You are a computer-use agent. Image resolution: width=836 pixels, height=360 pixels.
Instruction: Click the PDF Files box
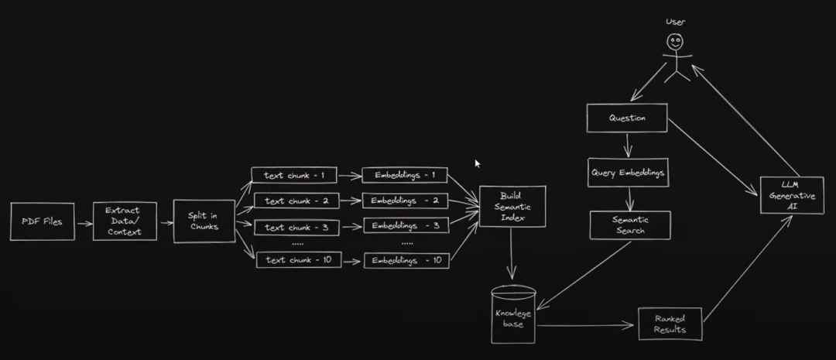[x=42, y=221]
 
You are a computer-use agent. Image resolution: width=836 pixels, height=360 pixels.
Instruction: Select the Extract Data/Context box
[x=125, y=221]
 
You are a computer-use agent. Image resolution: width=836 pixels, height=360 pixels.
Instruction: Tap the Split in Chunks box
[x=204, y=221]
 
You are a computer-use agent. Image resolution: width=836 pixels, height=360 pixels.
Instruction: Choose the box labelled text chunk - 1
[x=287, y=175]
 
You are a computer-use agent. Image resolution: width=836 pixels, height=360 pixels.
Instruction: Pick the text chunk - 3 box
[x=287, y=227]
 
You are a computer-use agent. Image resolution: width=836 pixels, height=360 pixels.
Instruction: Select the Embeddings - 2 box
[x=405, y=201]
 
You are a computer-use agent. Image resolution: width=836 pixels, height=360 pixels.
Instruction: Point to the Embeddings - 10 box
[x=406, y=261]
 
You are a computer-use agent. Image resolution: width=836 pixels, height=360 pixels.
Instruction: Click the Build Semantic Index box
[x=512, y=207]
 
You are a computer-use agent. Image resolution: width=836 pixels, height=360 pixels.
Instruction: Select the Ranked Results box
[x=672, y=323]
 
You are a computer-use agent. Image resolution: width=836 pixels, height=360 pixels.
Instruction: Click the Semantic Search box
[x=629, y=225]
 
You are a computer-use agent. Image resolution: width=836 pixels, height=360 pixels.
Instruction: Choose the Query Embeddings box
[x=628, y=173]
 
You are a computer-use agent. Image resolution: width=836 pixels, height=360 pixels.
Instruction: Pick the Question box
[x=627, y=118]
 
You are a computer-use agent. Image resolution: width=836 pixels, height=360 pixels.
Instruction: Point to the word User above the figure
[x=675, y=22]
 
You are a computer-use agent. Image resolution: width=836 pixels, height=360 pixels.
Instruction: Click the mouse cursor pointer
[x=478, y=163]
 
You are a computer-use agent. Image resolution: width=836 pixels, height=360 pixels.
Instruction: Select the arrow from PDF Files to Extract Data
[x=84, y=222]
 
